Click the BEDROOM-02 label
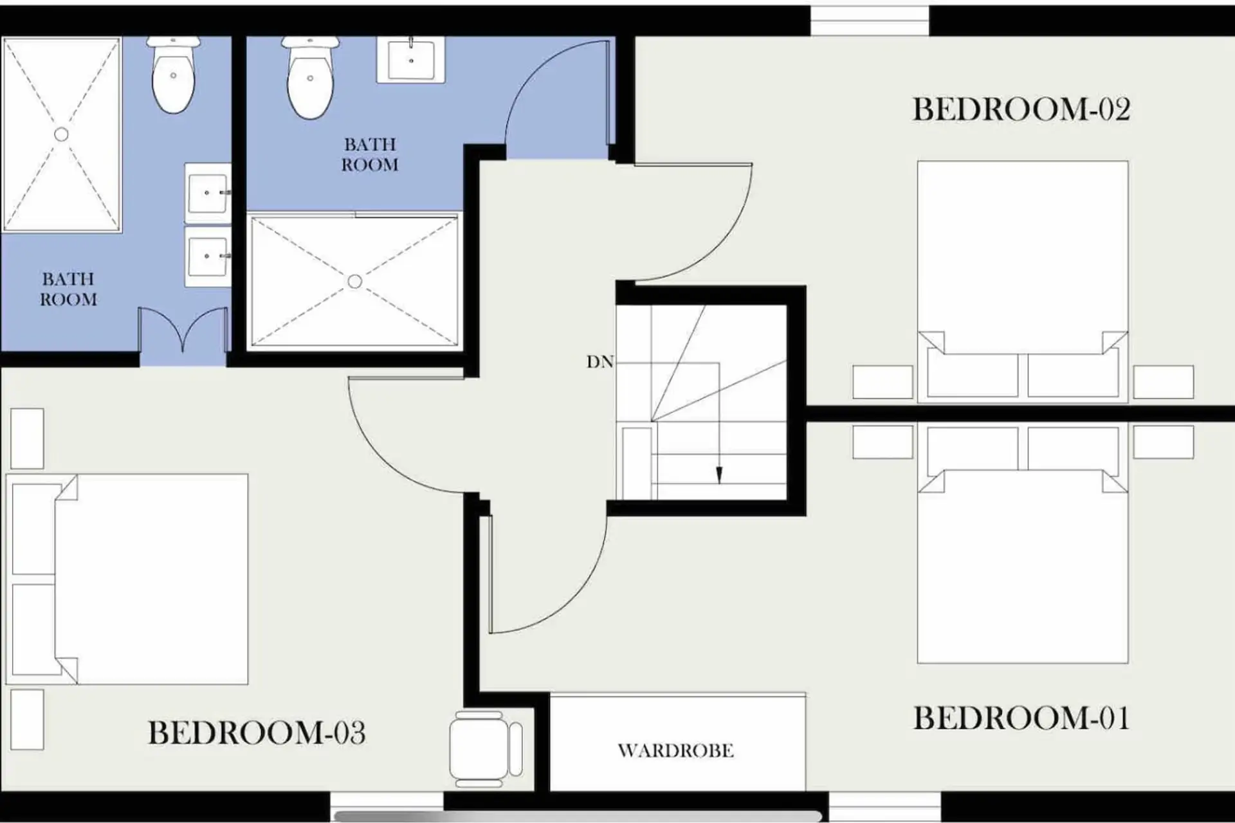coord(1021,109)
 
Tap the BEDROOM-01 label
coord(1021,718)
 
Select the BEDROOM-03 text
coord(257,732)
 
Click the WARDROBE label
coord(675,750)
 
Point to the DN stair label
coord(599,362)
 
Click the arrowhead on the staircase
coord(719,475)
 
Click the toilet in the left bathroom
coord(173,75)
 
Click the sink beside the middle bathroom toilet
coord(410,60)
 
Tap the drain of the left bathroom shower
coord(61,134)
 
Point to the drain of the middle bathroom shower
coord(354,282)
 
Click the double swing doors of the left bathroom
coord(183,329)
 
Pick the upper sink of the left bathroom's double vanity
coord(207,192)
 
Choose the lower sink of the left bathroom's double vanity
coord(207,256)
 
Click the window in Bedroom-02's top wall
coord(870,21)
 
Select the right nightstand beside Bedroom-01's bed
coord(1163,442)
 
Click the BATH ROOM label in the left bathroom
coord(68,289)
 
